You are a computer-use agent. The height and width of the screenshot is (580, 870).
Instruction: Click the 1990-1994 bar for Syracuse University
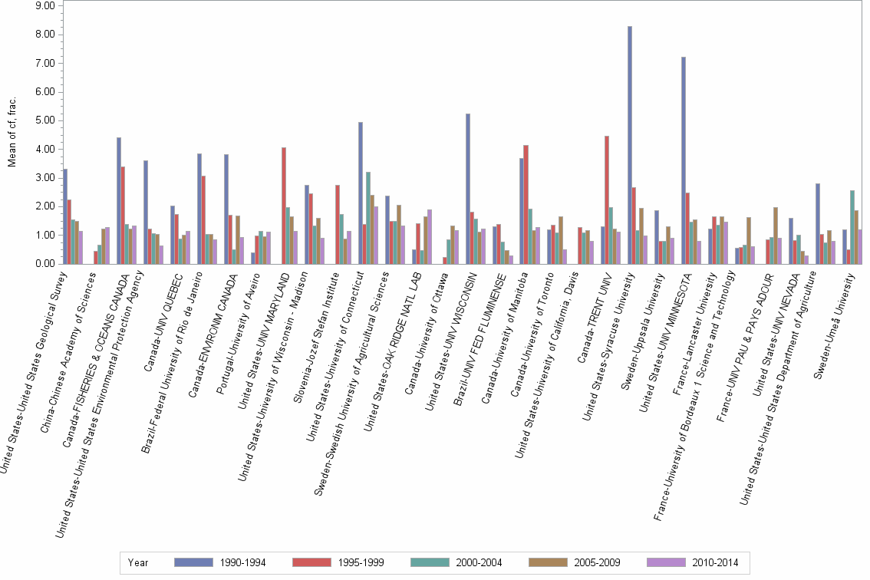click(x=630, y=145)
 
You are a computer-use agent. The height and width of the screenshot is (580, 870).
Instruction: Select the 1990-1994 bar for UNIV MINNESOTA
click(x=684, y=160)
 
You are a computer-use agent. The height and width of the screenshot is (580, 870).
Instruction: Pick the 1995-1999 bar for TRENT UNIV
click(x=607, y=200)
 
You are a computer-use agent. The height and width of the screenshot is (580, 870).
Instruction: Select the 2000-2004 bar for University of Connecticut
click(x=368, y=218)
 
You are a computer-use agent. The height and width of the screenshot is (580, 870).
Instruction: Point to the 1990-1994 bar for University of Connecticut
click(x=361, y=193)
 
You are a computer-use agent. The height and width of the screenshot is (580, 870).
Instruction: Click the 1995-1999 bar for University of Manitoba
click(x=526, y=204)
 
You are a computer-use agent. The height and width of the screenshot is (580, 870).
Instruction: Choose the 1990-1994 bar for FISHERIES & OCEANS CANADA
click(x=119, y=200)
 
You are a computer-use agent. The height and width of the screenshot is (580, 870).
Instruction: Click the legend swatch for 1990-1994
click(x=193, y=562)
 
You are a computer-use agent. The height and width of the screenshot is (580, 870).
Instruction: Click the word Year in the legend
click(x=138, y=562)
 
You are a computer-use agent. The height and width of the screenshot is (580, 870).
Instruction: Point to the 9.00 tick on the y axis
click(x=44, y=5)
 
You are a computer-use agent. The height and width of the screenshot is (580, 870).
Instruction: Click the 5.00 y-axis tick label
click(x=44, y=120)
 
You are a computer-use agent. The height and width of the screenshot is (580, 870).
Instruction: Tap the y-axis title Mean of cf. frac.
click(x=12, y=134)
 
